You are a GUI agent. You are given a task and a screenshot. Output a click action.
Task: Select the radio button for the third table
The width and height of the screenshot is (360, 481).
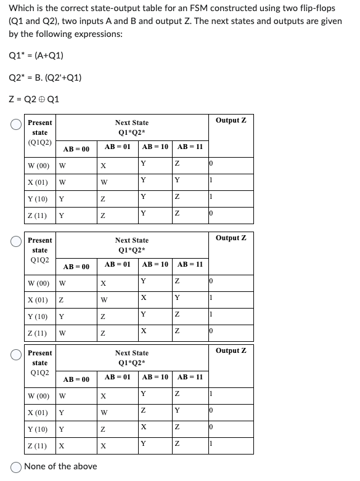[17, 354]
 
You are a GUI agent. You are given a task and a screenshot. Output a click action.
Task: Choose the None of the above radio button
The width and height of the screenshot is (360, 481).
[17, 466]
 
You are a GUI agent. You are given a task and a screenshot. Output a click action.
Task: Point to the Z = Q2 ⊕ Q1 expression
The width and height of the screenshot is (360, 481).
[35, 99]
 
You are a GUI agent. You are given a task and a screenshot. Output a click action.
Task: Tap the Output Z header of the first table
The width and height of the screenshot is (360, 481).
[231, 120]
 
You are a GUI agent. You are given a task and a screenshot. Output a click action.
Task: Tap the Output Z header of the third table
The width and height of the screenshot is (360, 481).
[231, 350]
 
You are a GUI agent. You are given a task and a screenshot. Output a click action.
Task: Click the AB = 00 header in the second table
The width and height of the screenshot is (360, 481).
[77, 266]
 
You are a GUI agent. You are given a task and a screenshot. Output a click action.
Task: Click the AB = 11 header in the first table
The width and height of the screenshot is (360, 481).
[190, 147]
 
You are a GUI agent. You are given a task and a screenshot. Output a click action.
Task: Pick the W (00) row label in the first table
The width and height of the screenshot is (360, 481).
[39, 165]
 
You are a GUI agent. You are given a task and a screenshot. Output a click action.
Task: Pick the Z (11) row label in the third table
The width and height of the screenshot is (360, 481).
[38, 445]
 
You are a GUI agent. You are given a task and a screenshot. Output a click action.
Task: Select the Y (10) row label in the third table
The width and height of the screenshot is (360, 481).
[38, 428]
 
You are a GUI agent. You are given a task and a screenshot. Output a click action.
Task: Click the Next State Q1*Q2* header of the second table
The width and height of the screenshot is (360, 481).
[131, 245]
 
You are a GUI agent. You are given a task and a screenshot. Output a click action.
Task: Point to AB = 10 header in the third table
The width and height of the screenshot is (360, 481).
[155, 376]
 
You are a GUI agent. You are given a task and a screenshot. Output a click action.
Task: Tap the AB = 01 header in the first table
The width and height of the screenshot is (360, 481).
[117, 147]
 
